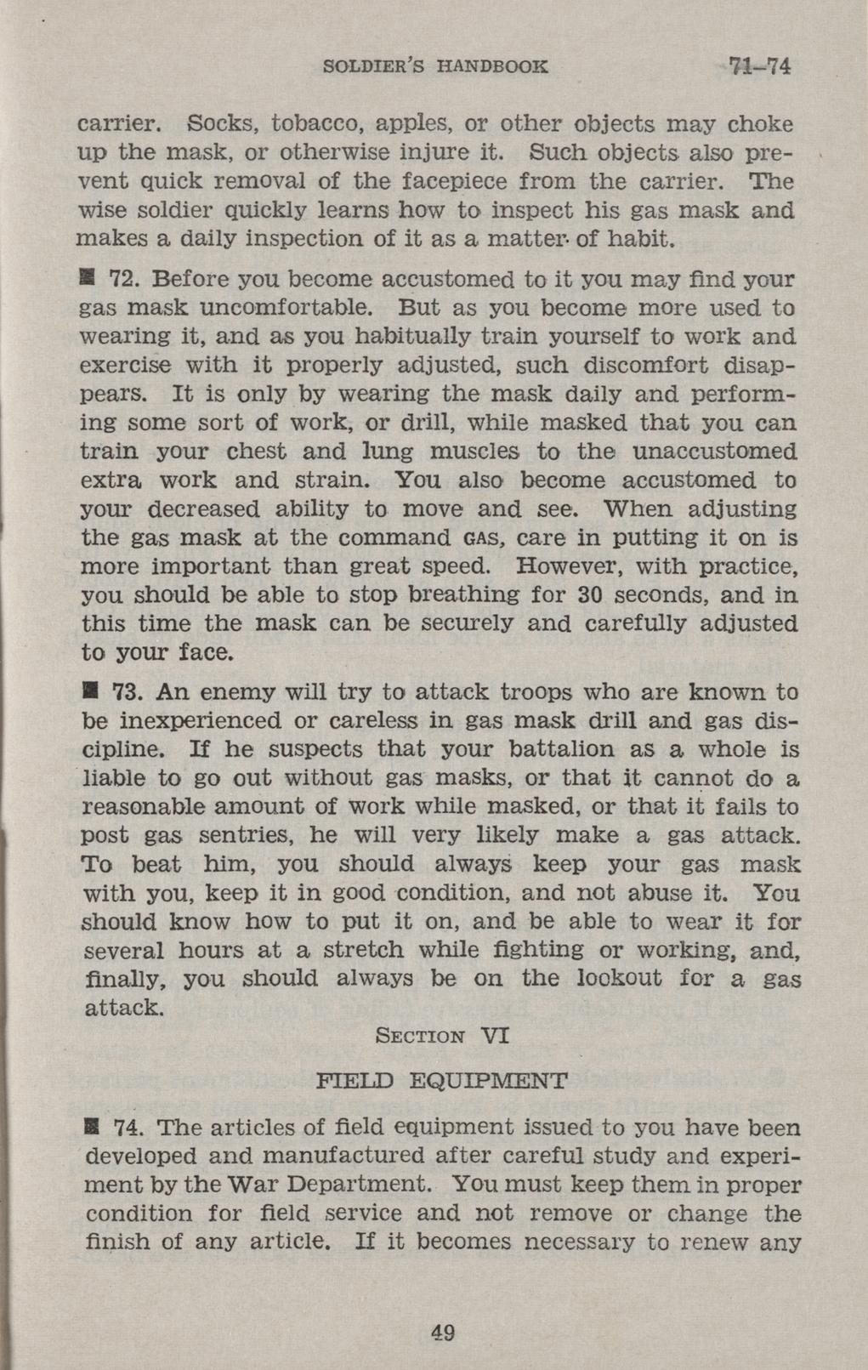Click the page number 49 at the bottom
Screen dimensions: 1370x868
(x=443, y=1332)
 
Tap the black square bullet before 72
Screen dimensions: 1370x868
(x=87, y=279)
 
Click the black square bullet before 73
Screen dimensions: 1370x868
(x=87, y=692)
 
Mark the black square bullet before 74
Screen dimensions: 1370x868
(x=87, y=1128)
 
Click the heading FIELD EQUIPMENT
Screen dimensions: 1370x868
(x=440, y=1082)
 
